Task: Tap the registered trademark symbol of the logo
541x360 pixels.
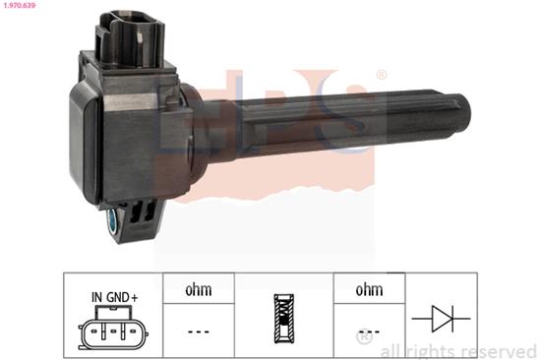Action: point(382,75)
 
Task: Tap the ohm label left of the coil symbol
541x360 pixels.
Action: point(198,290)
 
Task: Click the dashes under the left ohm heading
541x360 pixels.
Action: point(198,330)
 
